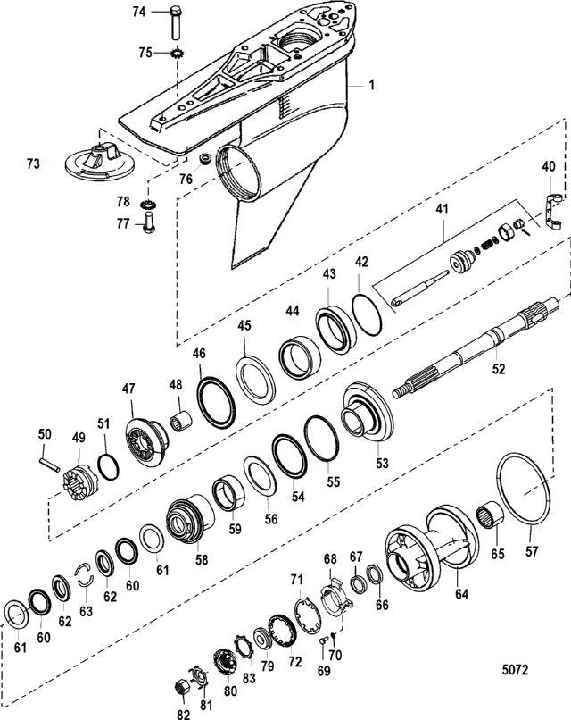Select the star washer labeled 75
point(175,54)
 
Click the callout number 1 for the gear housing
point(372,85)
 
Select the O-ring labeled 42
point(367,315)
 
